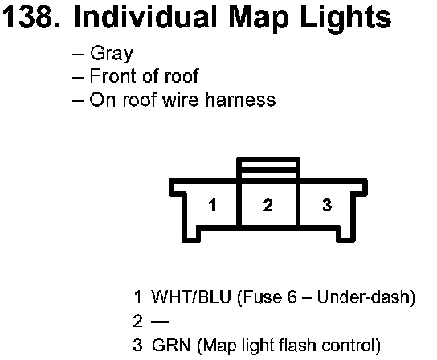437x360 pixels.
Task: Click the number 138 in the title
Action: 27,17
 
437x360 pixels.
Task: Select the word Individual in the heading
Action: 145,17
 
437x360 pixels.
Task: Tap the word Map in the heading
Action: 259,19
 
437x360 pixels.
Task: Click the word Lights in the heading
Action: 346,19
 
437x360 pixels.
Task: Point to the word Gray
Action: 112,54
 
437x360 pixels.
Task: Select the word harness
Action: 240,100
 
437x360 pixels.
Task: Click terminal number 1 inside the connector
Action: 213,205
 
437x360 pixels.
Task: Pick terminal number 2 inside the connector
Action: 268,205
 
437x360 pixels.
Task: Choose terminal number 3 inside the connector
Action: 327,205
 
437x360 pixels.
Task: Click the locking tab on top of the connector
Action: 268,168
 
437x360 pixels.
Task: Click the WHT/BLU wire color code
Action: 191,297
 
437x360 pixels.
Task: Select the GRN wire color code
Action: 171,346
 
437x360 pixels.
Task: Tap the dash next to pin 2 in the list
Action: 160,322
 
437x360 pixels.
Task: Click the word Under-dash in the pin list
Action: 363,297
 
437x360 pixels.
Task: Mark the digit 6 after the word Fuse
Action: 292,297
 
